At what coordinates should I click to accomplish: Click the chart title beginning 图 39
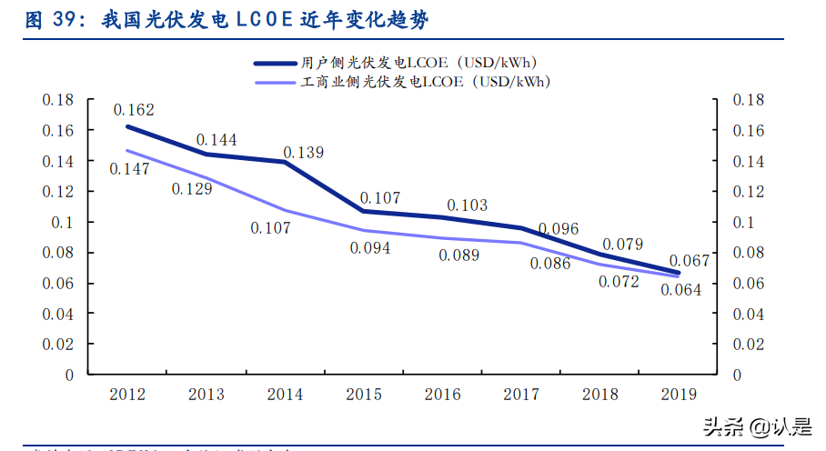click(x=228, y=19)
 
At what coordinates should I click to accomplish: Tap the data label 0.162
click(x=134, y=110)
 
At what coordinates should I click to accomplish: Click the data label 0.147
click(x=129, y=168)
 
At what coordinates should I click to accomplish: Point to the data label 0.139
click(x=303, y=153)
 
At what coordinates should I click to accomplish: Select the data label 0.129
click(x=191, y=188)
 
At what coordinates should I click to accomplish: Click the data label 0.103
click(x=467, y=205)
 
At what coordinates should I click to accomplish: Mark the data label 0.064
click(x=681, y=290)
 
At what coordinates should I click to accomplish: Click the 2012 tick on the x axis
click(x=127, y=395)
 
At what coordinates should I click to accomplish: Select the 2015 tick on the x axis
click(x=365, y=395)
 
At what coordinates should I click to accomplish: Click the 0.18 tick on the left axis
click(x=57, y=100)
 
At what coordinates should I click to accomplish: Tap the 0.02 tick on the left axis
click(x=57, y=344)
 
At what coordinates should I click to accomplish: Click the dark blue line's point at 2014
click(x=285, y=162)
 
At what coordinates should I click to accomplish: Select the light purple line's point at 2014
click(x=285, y=210)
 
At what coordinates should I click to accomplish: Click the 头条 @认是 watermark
click(x=754, y=426)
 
